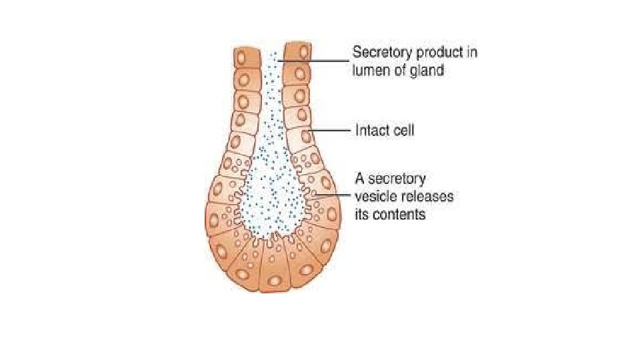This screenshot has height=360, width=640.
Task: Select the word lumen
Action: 371,69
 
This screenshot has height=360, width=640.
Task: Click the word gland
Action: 427,69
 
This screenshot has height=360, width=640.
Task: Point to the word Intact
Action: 369,130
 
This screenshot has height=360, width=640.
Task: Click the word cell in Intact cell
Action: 402,130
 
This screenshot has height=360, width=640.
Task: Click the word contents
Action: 398,215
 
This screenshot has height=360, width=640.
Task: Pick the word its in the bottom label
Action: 360,215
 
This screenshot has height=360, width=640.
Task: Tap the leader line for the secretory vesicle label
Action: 333,195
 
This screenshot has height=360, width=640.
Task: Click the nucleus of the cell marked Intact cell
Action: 305,137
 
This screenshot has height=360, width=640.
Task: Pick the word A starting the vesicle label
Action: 357,179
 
